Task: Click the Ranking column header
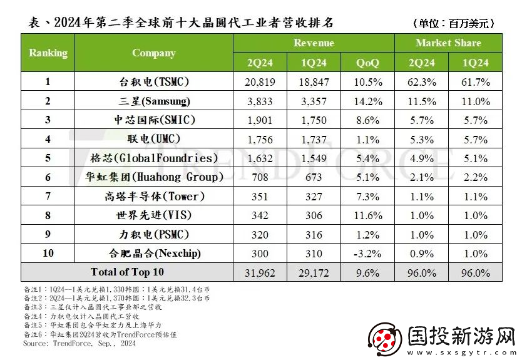48,53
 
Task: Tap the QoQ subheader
367,63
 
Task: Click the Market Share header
448,43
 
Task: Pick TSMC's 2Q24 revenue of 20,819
260,82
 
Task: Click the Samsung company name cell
153,101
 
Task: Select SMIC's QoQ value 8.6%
367,120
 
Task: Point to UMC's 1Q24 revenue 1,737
314,139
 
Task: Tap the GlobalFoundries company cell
153,158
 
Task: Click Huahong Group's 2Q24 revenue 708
260,177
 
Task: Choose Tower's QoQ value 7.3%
367,196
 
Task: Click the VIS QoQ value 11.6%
367,215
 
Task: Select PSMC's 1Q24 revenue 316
314,234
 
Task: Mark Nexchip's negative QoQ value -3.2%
367,254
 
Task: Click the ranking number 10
48,254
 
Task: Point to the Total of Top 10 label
126,272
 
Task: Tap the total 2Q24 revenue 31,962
260,272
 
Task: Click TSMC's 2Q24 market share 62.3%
421,82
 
